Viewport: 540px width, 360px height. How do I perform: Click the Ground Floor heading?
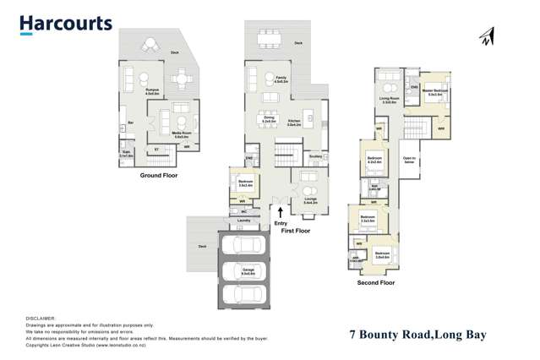(x=159, y=176)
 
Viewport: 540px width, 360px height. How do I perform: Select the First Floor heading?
(x=296, y=230)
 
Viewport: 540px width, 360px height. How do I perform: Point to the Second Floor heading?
(x=376, y=283)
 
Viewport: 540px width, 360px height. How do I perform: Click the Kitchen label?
(x=294, y=121)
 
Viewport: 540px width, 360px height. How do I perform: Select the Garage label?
(x=248, y=272)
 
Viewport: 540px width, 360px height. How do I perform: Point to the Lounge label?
(x=310, y=199)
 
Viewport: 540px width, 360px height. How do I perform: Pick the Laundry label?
(x=244, y=220)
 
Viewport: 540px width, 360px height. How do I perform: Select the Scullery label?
(x=315, y=155)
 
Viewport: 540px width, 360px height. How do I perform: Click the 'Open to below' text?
(x=409, y=160)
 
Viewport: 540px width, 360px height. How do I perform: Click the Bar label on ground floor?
(x=131, y=123)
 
